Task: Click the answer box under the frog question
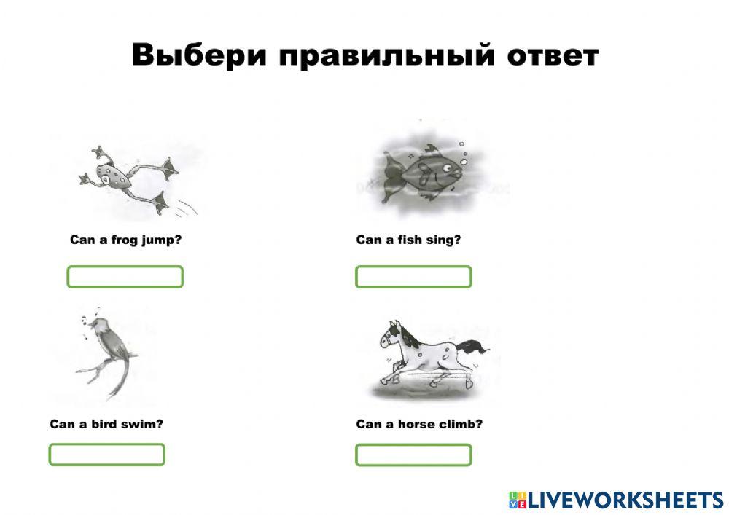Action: (125, 277)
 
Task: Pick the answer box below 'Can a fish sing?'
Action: (413, 277)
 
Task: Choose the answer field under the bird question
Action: (106, 455)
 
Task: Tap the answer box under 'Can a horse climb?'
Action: (413, 455)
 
